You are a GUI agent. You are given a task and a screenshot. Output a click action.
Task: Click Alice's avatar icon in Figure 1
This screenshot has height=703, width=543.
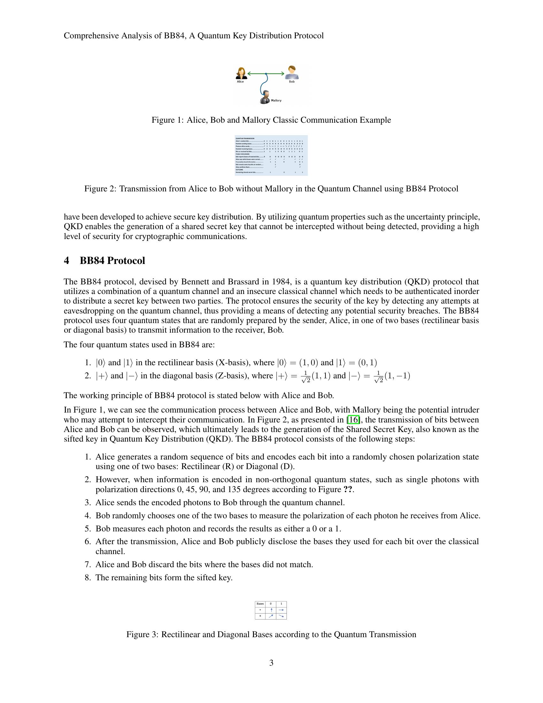[241, 73]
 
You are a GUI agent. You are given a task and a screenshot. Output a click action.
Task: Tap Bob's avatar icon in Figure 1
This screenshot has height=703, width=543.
[292, 73]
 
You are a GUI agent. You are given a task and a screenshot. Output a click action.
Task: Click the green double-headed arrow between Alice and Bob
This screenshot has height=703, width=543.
[266, 74]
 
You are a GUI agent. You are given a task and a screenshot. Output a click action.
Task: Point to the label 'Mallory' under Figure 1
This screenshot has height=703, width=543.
[276, 100]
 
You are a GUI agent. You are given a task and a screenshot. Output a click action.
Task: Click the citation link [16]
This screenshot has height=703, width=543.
[353, 420]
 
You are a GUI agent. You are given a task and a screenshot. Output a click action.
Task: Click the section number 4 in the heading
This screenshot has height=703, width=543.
[66, 260]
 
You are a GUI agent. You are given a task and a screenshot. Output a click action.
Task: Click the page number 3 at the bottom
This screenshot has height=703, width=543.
[271, 663]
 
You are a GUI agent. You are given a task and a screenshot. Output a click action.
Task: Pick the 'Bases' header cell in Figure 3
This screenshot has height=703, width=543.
[260, 604]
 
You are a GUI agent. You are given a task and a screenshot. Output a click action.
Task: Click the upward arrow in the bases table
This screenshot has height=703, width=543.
[271, 610]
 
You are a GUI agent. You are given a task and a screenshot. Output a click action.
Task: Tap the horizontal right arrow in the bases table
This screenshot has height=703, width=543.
[281, 610]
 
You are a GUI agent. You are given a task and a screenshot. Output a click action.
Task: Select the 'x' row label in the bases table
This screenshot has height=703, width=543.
[260, 616]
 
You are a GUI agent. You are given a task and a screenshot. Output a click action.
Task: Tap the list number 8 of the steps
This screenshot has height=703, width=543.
[88, 577]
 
